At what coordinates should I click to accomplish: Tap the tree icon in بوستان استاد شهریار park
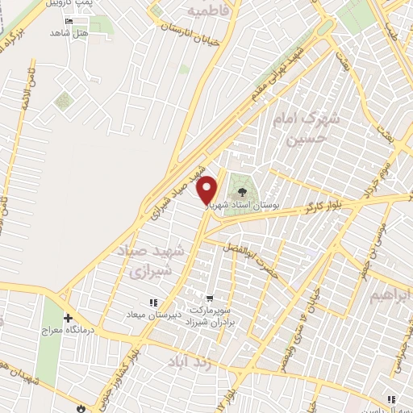click(x=240, y=192)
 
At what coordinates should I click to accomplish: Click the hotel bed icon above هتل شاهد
click(x=68, y=22)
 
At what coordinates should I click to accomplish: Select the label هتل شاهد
click(x=67, y=33)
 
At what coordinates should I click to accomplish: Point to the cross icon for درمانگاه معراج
click(x=69, y=318)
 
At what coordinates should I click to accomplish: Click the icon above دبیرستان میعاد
click(x=152, y=302)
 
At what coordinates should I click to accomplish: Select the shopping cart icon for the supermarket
click(x=211, y=298)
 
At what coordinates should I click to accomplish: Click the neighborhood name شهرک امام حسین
click(x=307, y=129)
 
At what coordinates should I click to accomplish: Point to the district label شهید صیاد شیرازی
click(x=156, y=262)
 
